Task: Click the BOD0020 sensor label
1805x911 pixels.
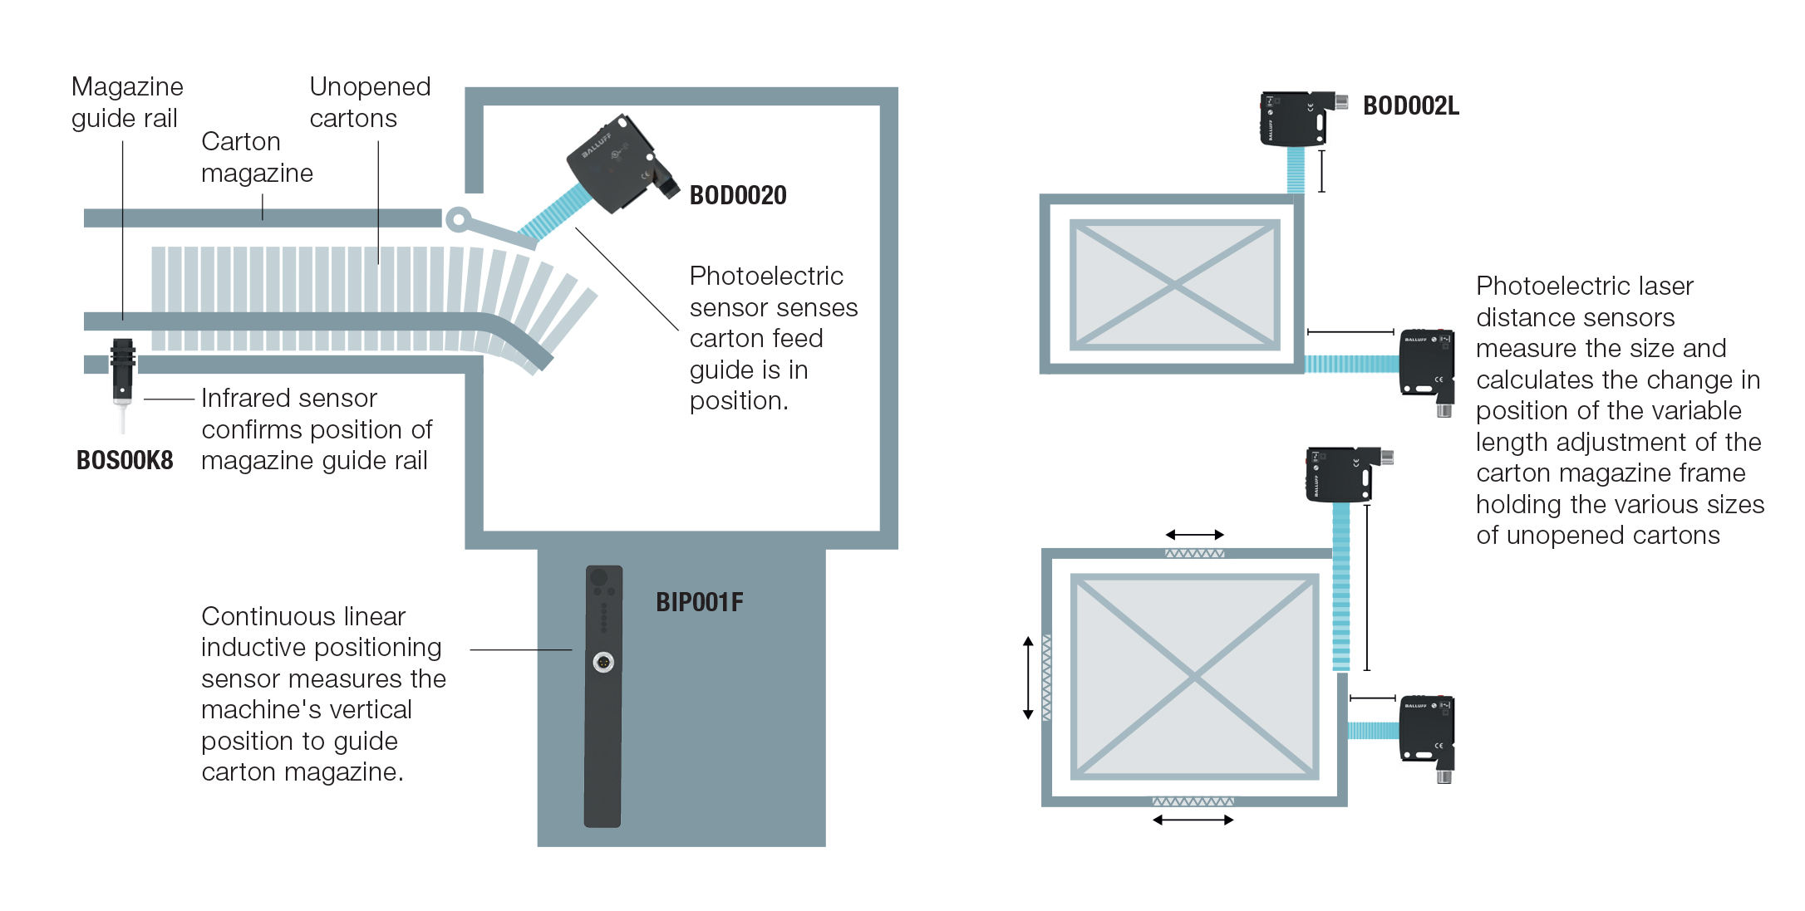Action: (x=738, y=195)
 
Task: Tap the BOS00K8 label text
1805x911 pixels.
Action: (x=125, y=460)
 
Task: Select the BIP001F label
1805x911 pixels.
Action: (x=699, y=602)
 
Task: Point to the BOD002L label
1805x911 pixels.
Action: (x=1410, y=106)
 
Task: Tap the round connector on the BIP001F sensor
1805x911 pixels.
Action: (x=603, y=662)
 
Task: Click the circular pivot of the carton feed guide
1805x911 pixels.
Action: (x=458, y=219)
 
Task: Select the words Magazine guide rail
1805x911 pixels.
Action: (x=127, y=102)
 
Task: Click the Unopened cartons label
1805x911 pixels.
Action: (x=370, y=102)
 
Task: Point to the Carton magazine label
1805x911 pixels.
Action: (x=257, y=157)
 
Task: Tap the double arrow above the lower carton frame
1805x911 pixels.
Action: (x=1194, y=535)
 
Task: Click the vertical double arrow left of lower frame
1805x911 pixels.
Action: (x=1028, y=678)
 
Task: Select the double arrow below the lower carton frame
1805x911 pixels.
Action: (x=1193, y=820)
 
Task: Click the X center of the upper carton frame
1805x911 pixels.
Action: (x=1174, y=285)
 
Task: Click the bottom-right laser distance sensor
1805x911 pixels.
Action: (x=1427, y=730)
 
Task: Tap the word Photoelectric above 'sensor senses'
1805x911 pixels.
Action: (x=766, y=276)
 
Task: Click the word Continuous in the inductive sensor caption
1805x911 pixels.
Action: (x=261, y=616)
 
